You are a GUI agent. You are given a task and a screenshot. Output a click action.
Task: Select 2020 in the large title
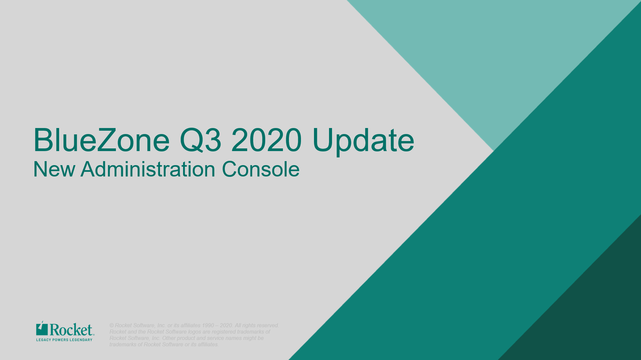click(267, 140)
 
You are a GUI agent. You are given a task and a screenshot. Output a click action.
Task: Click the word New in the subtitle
click(54, 169)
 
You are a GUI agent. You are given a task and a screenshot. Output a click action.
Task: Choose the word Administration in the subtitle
click(148, 169)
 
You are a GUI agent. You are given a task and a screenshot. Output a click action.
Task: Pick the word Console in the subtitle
click(261, 169)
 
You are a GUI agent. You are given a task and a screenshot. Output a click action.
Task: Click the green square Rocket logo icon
click(42, 329)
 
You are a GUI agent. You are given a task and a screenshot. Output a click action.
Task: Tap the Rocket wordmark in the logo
click(71, 330)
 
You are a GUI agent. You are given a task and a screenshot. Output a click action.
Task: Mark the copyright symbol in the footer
click(112, 326)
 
